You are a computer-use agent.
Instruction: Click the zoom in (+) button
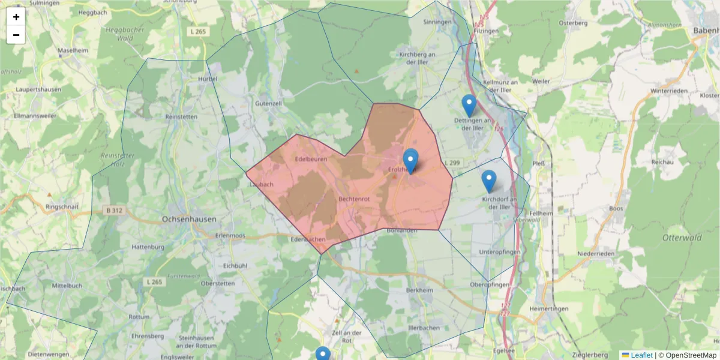click(16, 17)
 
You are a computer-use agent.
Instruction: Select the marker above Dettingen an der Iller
click(469, 106)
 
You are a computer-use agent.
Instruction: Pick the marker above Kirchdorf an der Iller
click(489, 181)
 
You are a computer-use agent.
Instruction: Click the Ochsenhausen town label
click(189, 220)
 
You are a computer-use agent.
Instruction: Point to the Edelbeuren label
click(311, 159)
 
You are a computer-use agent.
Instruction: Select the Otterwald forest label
click(682, 238)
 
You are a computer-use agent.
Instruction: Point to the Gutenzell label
click(268, 103)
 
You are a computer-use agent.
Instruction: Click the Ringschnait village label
click(62, 206)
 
